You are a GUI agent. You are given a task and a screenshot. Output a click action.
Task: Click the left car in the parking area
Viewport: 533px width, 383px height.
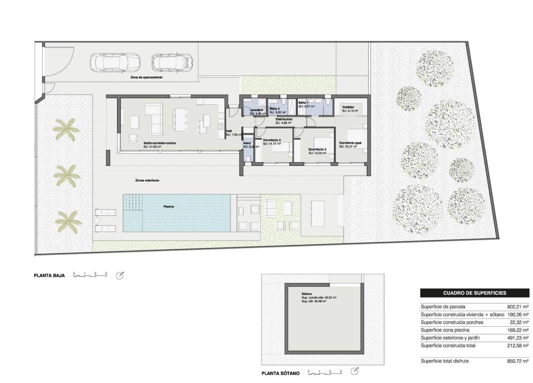click(x=115, y=62)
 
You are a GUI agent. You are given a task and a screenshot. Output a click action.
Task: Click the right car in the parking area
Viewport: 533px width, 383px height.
click(x=172, y=62)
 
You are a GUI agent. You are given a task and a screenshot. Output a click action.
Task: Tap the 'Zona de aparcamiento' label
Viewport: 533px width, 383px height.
click(x=146, y=77)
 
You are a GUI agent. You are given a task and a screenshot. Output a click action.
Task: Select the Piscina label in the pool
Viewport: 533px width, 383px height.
click(x=170, y=207)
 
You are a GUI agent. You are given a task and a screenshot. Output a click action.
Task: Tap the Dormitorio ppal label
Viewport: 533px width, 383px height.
click(x=350, y=143)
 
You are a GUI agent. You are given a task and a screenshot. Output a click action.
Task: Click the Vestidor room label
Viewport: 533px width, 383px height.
click(x=348, y=107)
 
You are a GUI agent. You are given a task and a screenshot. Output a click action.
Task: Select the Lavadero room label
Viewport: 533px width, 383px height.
click(x=256, y=110)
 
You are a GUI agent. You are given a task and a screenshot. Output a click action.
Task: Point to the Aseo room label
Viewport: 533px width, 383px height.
click(x=247, y=143)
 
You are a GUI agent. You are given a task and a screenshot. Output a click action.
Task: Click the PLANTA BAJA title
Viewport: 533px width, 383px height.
click(x=49, y=276)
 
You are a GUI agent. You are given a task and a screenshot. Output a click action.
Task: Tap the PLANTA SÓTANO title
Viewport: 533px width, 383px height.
click(x=281, y=373)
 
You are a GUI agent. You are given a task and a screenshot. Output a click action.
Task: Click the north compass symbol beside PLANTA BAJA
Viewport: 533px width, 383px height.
click(x=120, y=276)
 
